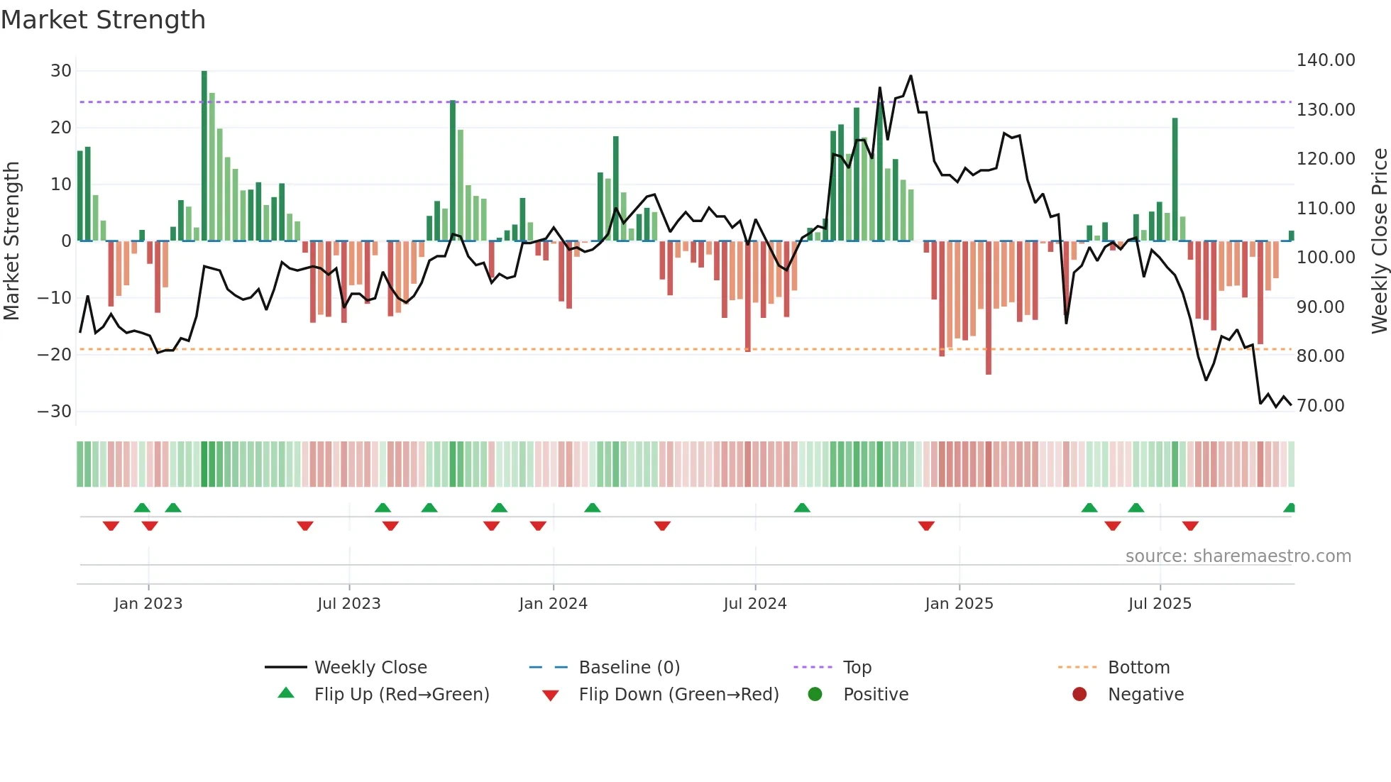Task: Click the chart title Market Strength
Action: (x=103, y=20)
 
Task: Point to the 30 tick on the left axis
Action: (x=61, y=71)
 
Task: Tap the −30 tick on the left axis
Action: (x=55, y=412)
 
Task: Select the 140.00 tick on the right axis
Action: (x=1326, y=60)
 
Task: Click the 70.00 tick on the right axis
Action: (x=1320, y=406)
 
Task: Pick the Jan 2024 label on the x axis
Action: (x=553, y=604)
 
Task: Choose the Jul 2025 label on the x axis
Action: (x=1160, y=604)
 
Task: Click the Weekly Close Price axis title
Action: (x=1379, y=241)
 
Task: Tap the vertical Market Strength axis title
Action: (x=11, y=241)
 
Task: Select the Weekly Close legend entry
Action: (x=370, y=668)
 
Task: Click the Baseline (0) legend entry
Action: (x=629, y=668)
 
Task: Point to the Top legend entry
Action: (x=857, y=668)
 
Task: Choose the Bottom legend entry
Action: (x=1138, y=668)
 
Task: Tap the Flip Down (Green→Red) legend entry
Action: (x=678, y=695)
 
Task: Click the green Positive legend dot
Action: (x=815, y=695)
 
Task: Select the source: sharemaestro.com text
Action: (x=1238, y=556)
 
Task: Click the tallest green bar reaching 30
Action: (x=204, y=156)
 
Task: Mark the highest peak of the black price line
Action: (x=911, y=76)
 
